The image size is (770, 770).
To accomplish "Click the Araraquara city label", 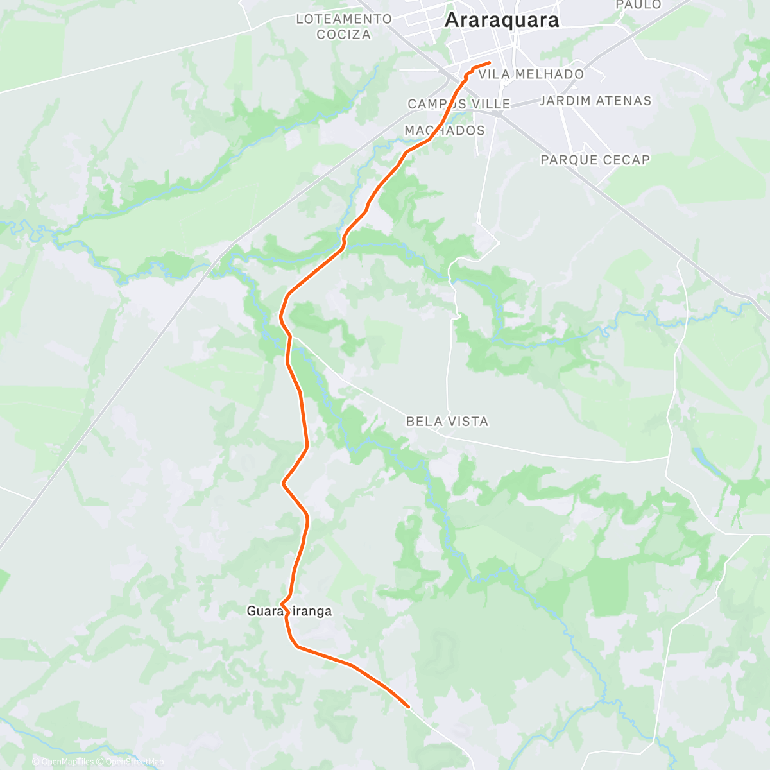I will [501, 20].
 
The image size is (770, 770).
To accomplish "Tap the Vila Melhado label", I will [531, 74].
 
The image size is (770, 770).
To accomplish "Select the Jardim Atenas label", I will [595, 101].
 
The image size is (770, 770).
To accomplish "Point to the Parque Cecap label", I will [595, 160].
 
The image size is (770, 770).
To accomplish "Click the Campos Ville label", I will [459, 104].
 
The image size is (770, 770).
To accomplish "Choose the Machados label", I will [444, 131].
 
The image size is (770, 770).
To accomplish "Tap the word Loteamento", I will [343, 19].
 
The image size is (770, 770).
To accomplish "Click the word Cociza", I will [343, 35].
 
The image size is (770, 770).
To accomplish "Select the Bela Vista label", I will [447, 422].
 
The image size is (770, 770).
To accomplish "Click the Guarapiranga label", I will [289, 612].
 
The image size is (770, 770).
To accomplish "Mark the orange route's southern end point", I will [408, 706].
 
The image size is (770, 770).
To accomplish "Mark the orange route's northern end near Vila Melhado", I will [490, 62].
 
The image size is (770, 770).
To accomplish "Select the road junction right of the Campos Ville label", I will [499, 113].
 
